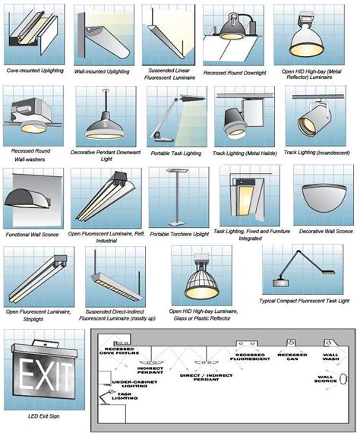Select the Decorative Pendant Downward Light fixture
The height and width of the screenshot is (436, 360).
pyautogui.click(x=104, y=122)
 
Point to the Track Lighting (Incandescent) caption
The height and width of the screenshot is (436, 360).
pyautogui.click(x=316, y=152)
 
